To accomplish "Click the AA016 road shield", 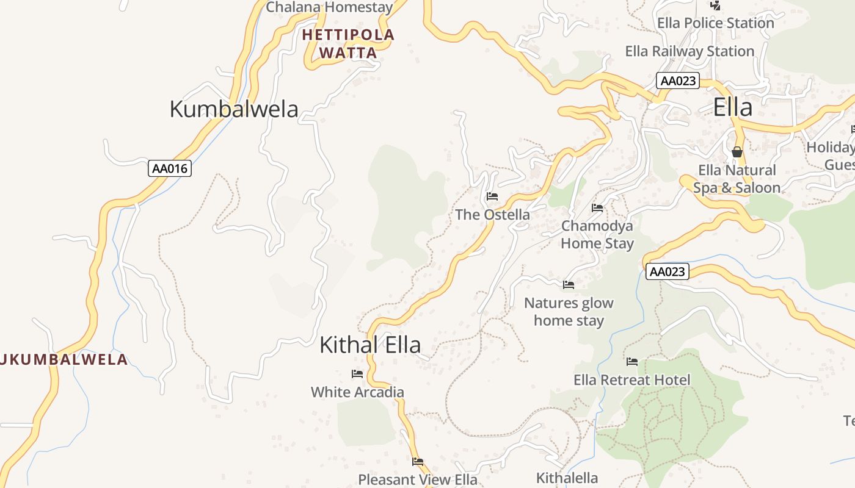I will point(170,168).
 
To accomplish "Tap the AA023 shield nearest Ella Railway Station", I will point(677,81).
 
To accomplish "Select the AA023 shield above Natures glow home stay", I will point(667,271).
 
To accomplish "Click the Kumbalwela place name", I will point(233,109).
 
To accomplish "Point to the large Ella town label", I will point(732,107).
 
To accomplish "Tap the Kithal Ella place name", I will point(370,345).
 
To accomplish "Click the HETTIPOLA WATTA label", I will point(348,44).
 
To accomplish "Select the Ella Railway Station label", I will point(689,51).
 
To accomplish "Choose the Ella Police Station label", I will point(715,23).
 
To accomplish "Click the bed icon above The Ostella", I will point(492,196).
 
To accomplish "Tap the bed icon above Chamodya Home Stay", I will point(597,208).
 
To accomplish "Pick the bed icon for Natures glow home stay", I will point(569,284).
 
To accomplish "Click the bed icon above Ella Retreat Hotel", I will point(632,362).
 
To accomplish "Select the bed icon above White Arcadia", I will point(357,373).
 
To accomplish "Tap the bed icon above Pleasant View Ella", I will point(418,461).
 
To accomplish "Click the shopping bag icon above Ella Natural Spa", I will point(737,152).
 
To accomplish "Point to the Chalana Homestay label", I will point(329,7).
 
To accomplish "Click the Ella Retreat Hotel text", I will point(632,380).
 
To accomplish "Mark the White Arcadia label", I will point(357,392).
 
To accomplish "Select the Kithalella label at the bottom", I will point(567,478).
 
